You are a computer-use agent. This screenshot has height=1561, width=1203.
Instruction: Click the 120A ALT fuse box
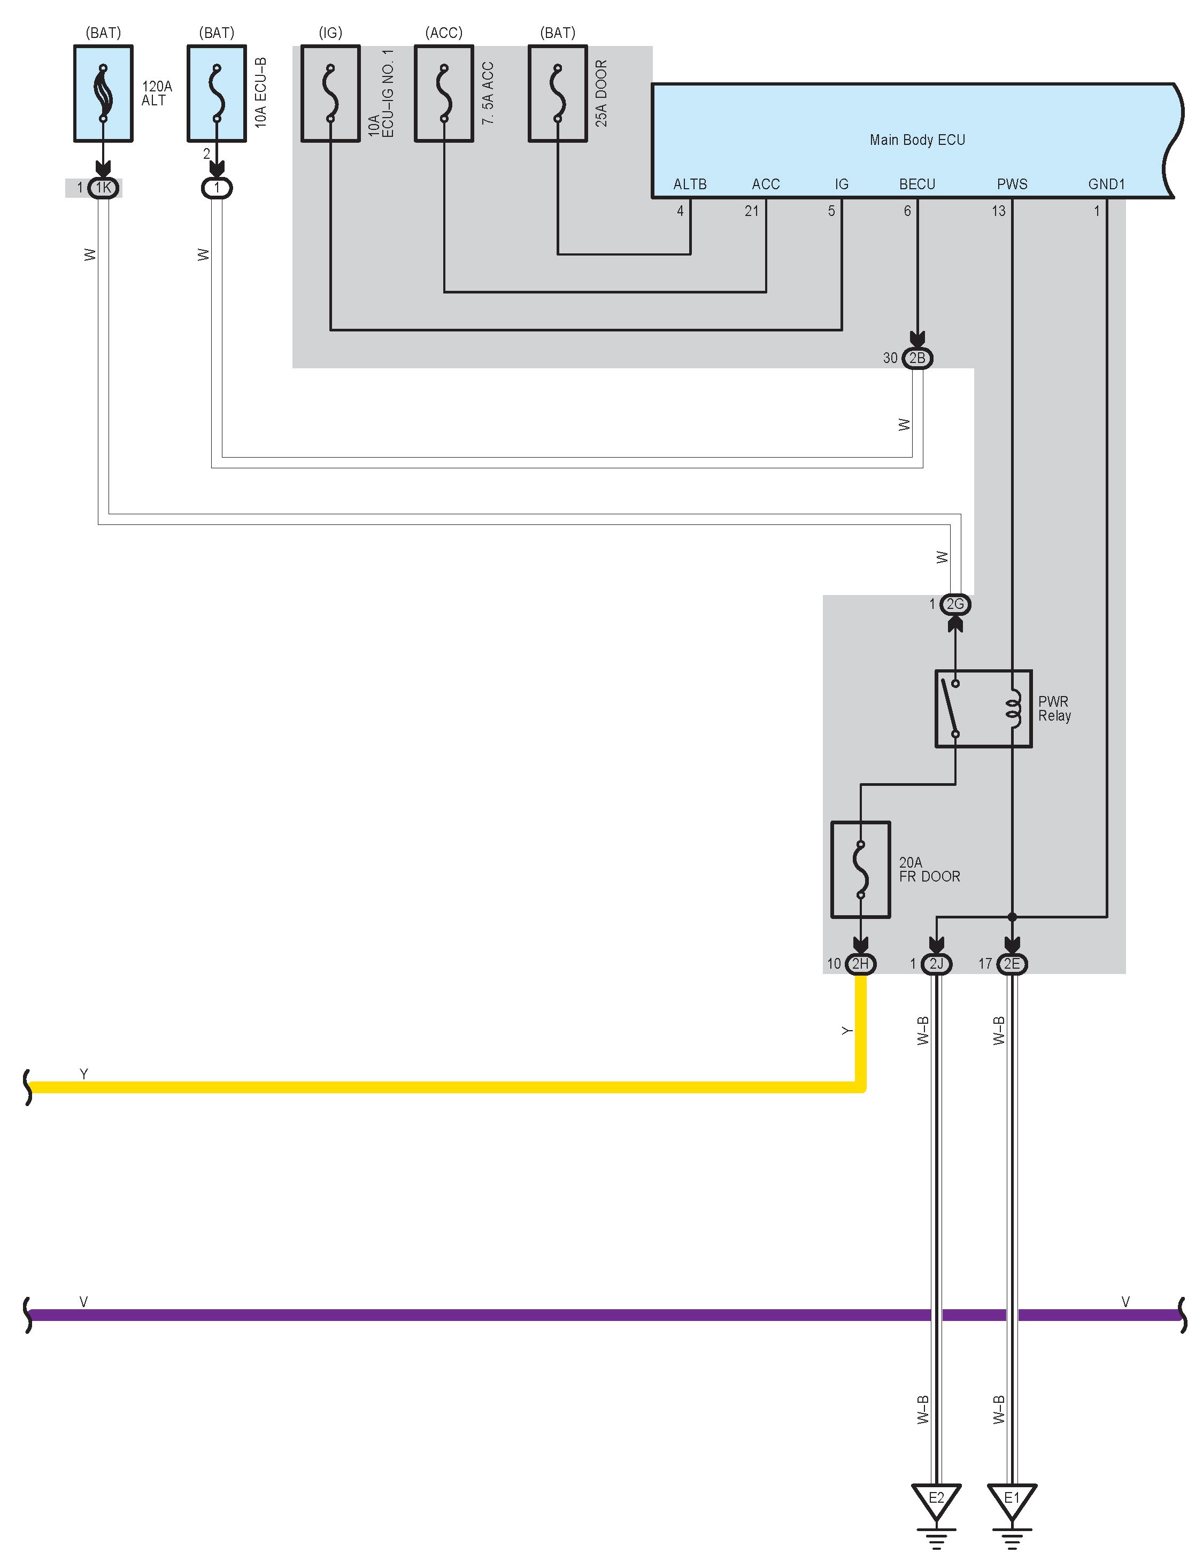[103, 94]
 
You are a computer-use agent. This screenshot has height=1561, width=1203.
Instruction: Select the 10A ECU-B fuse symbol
[217, 94]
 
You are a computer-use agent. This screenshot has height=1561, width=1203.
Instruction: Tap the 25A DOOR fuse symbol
[558, 94]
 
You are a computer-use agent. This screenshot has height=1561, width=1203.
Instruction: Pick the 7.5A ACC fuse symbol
[444, 94]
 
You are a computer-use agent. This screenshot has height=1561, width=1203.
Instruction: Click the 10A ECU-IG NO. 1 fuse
[330, 94]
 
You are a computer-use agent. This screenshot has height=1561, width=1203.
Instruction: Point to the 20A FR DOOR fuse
[861, 869]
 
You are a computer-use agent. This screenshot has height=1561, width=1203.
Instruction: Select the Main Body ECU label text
[917, 140]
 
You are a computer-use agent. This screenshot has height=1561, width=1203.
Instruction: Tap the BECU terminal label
[917, 184]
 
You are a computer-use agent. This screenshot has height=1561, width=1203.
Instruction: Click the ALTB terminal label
[690, 184]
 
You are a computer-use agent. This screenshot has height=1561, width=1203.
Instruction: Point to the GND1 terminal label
[1107, 184]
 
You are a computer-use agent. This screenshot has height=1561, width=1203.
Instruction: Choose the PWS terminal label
[1012, 184]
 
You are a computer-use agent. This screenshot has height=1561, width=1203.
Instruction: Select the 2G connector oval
[955, 604]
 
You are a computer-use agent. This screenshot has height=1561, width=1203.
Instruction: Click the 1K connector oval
[104, 188]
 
